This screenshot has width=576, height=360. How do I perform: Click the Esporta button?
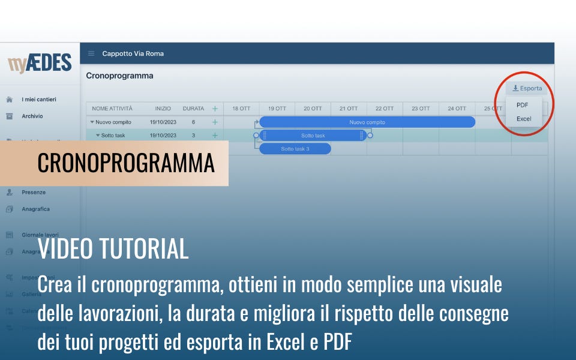coord(527,88)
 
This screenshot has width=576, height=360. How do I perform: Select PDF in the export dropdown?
coord(522,105)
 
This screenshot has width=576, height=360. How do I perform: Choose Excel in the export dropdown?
coord(524,119)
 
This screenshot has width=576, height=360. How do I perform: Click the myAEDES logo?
coord(40,63)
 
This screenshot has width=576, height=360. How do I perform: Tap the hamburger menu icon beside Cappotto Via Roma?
coord(91,53)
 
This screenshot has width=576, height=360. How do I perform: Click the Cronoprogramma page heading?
coord(119,76)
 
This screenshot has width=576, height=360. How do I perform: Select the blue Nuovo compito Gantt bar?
coord(367,122)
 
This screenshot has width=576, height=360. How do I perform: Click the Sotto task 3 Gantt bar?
coord(295,149)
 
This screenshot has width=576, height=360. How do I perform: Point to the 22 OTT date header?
coord(385,109)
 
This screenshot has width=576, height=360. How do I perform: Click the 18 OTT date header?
coord(241,109)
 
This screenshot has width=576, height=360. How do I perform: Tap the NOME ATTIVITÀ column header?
coord(112,109)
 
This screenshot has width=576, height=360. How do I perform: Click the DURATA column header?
coord(193,109)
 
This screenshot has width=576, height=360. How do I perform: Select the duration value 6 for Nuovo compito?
coord(193,122)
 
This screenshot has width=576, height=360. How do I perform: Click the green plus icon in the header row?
coord(215,109)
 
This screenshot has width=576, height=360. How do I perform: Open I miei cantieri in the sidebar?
coord(39,99)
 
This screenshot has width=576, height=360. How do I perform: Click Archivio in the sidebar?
coord(32,116)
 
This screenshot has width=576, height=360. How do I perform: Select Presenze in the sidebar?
coord(34,193)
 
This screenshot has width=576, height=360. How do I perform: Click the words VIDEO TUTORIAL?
coord(113,249)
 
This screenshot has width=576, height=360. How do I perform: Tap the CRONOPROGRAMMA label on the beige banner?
coord(126,163)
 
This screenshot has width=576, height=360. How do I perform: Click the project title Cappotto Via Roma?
coord(133,53)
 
